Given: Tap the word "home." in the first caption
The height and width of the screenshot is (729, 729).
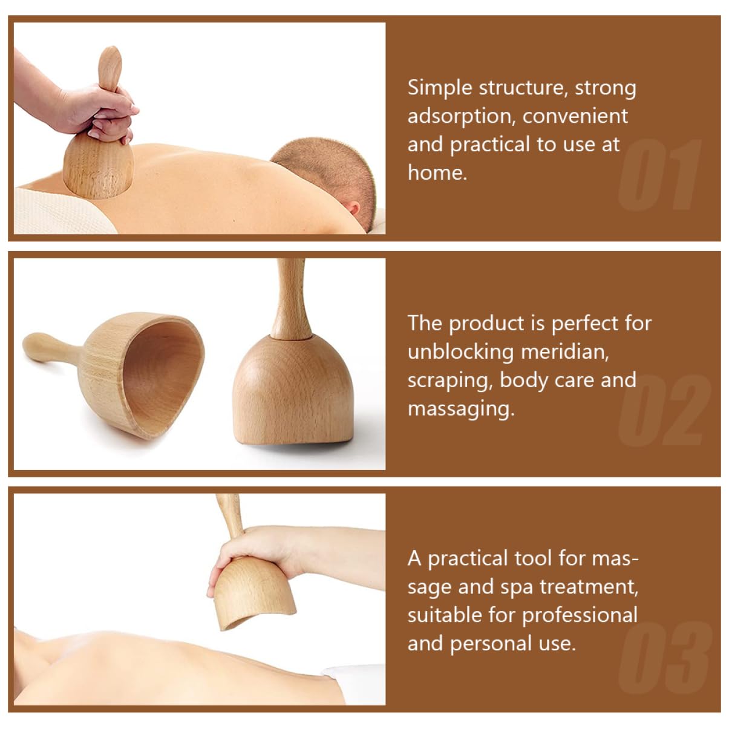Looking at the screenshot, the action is pos(437,173).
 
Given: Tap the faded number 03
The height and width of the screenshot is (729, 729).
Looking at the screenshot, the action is pos(664,658).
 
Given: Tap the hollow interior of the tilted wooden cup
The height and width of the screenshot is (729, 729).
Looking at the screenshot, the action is pos(162,374).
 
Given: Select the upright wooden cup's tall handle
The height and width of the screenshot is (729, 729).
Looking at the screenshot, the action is pos(290,299).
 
